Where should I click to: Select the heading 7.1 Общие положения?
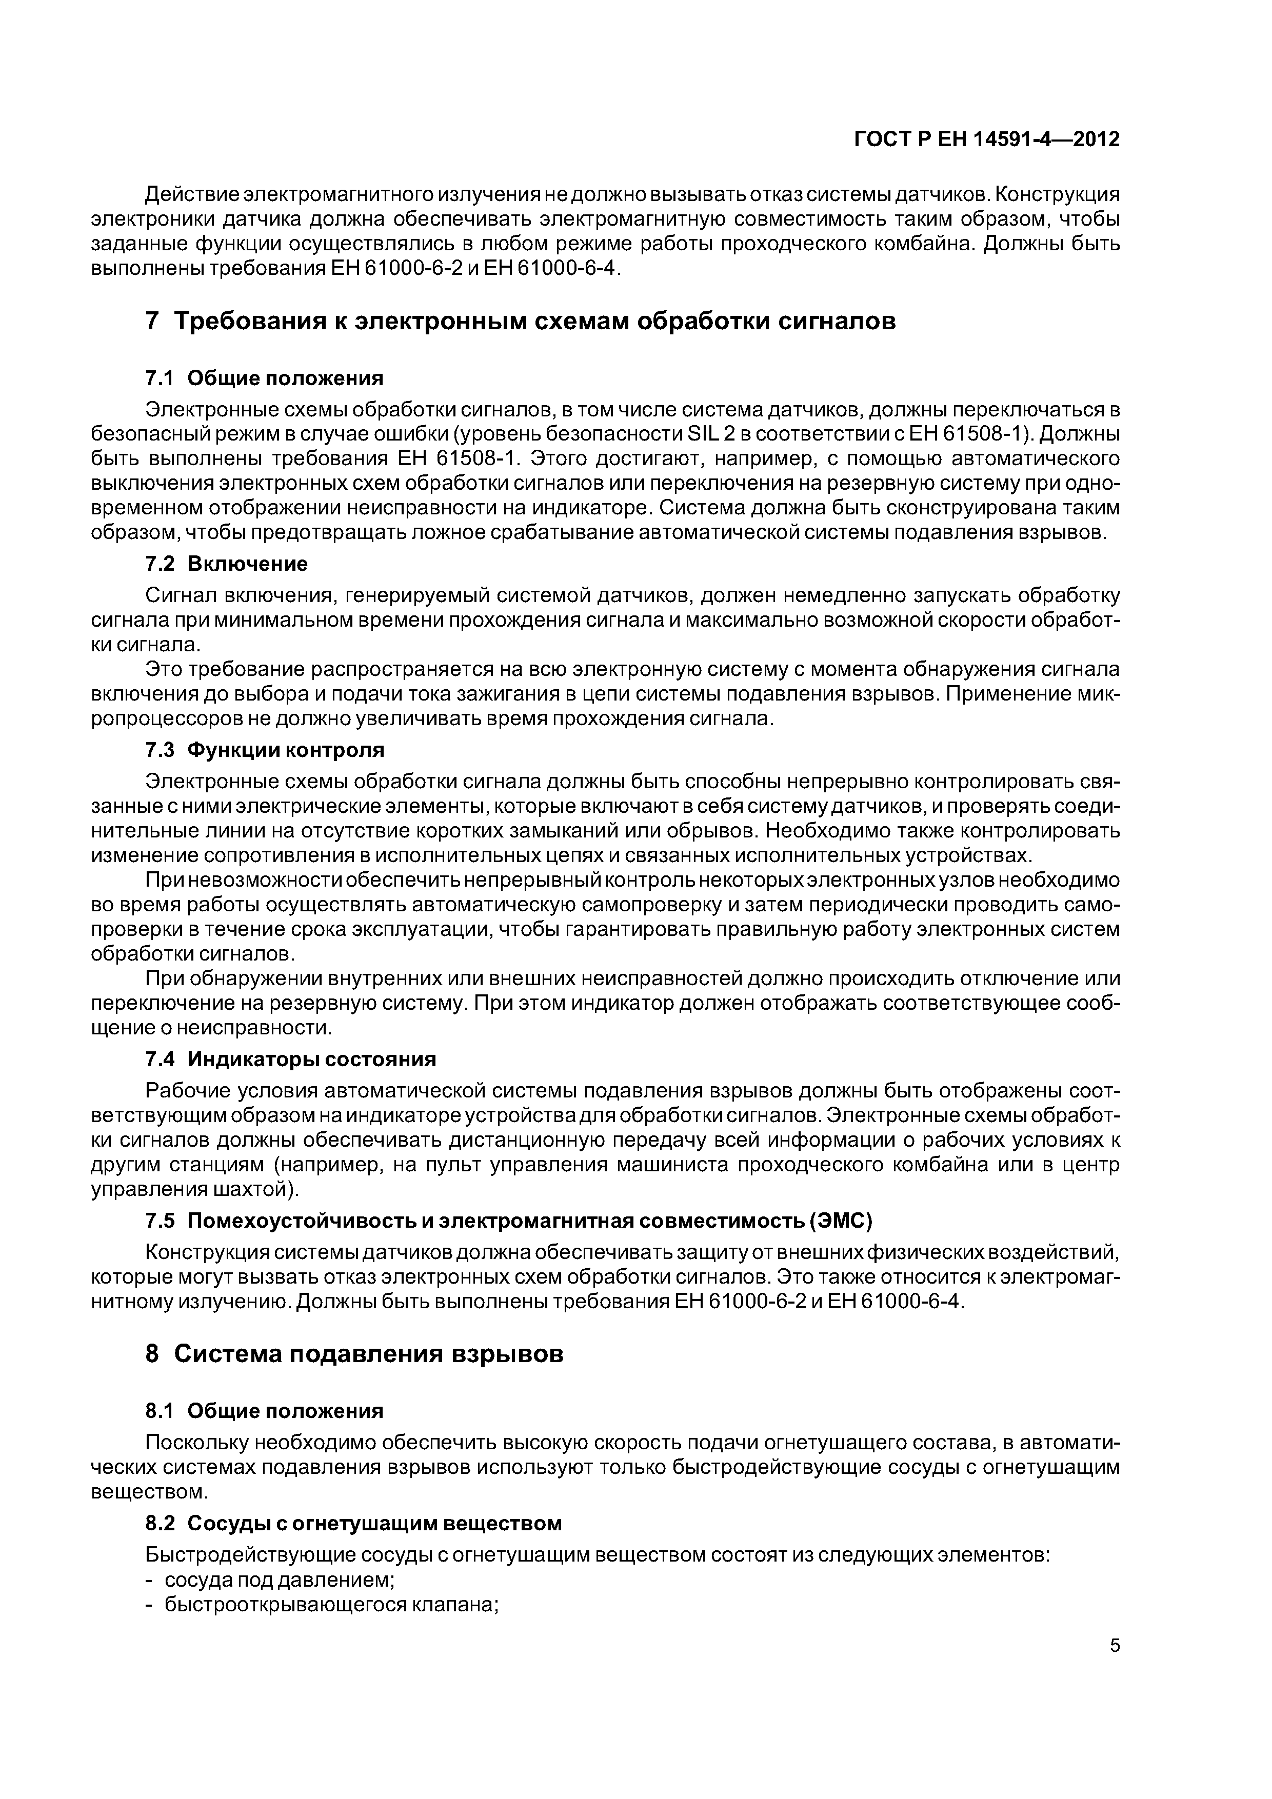(x=265, y=378)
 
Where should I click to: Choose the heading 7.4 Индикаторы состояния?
(x=291, y=1060)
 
